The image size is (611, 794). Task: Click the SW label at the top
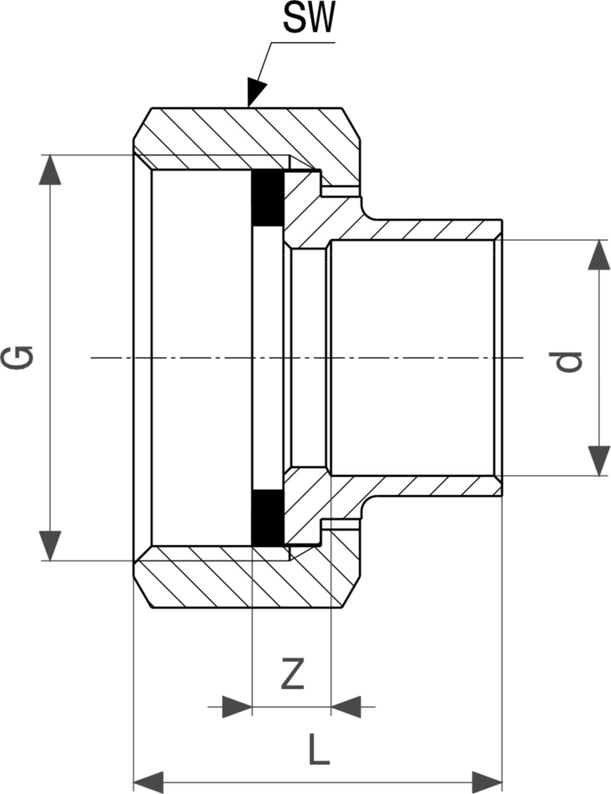[x=309, y=19]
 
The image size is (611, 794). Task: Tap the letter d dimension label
[x=568, y=362]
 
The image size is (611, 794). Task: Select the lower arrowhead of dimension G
[x=50, y=546]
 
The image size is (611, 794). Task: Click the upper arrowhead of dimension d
[x=599, y=255]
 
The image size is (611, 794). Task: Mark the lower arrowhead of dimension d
[x=599, y=461]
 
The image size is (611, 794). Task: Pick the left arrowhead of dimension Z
[x=237, y=707]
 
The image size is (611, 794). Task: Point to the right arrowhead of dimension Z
[x=346, y=707]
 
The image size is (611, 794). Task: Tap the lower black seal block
[x=268, y=518]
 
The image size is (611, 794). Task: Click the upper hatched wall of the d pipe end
[x=431, y=230]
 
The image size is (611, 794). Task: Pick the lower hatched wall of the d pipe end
[x=431, y=486]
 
